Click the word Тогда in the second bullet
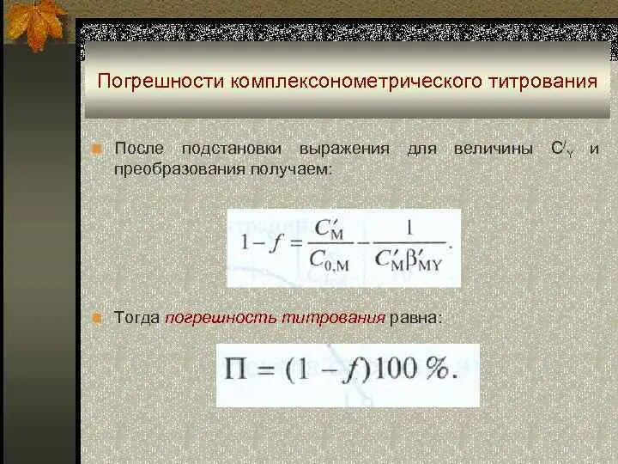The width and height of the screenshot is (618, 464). tap(136, 317)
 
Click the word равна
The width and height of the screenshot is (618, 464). tap(415, 317)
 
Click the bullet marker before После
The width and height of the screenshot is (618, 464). tap(99, 150)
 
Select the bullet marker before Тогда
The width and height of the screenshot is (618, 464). tap(99, 318)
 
